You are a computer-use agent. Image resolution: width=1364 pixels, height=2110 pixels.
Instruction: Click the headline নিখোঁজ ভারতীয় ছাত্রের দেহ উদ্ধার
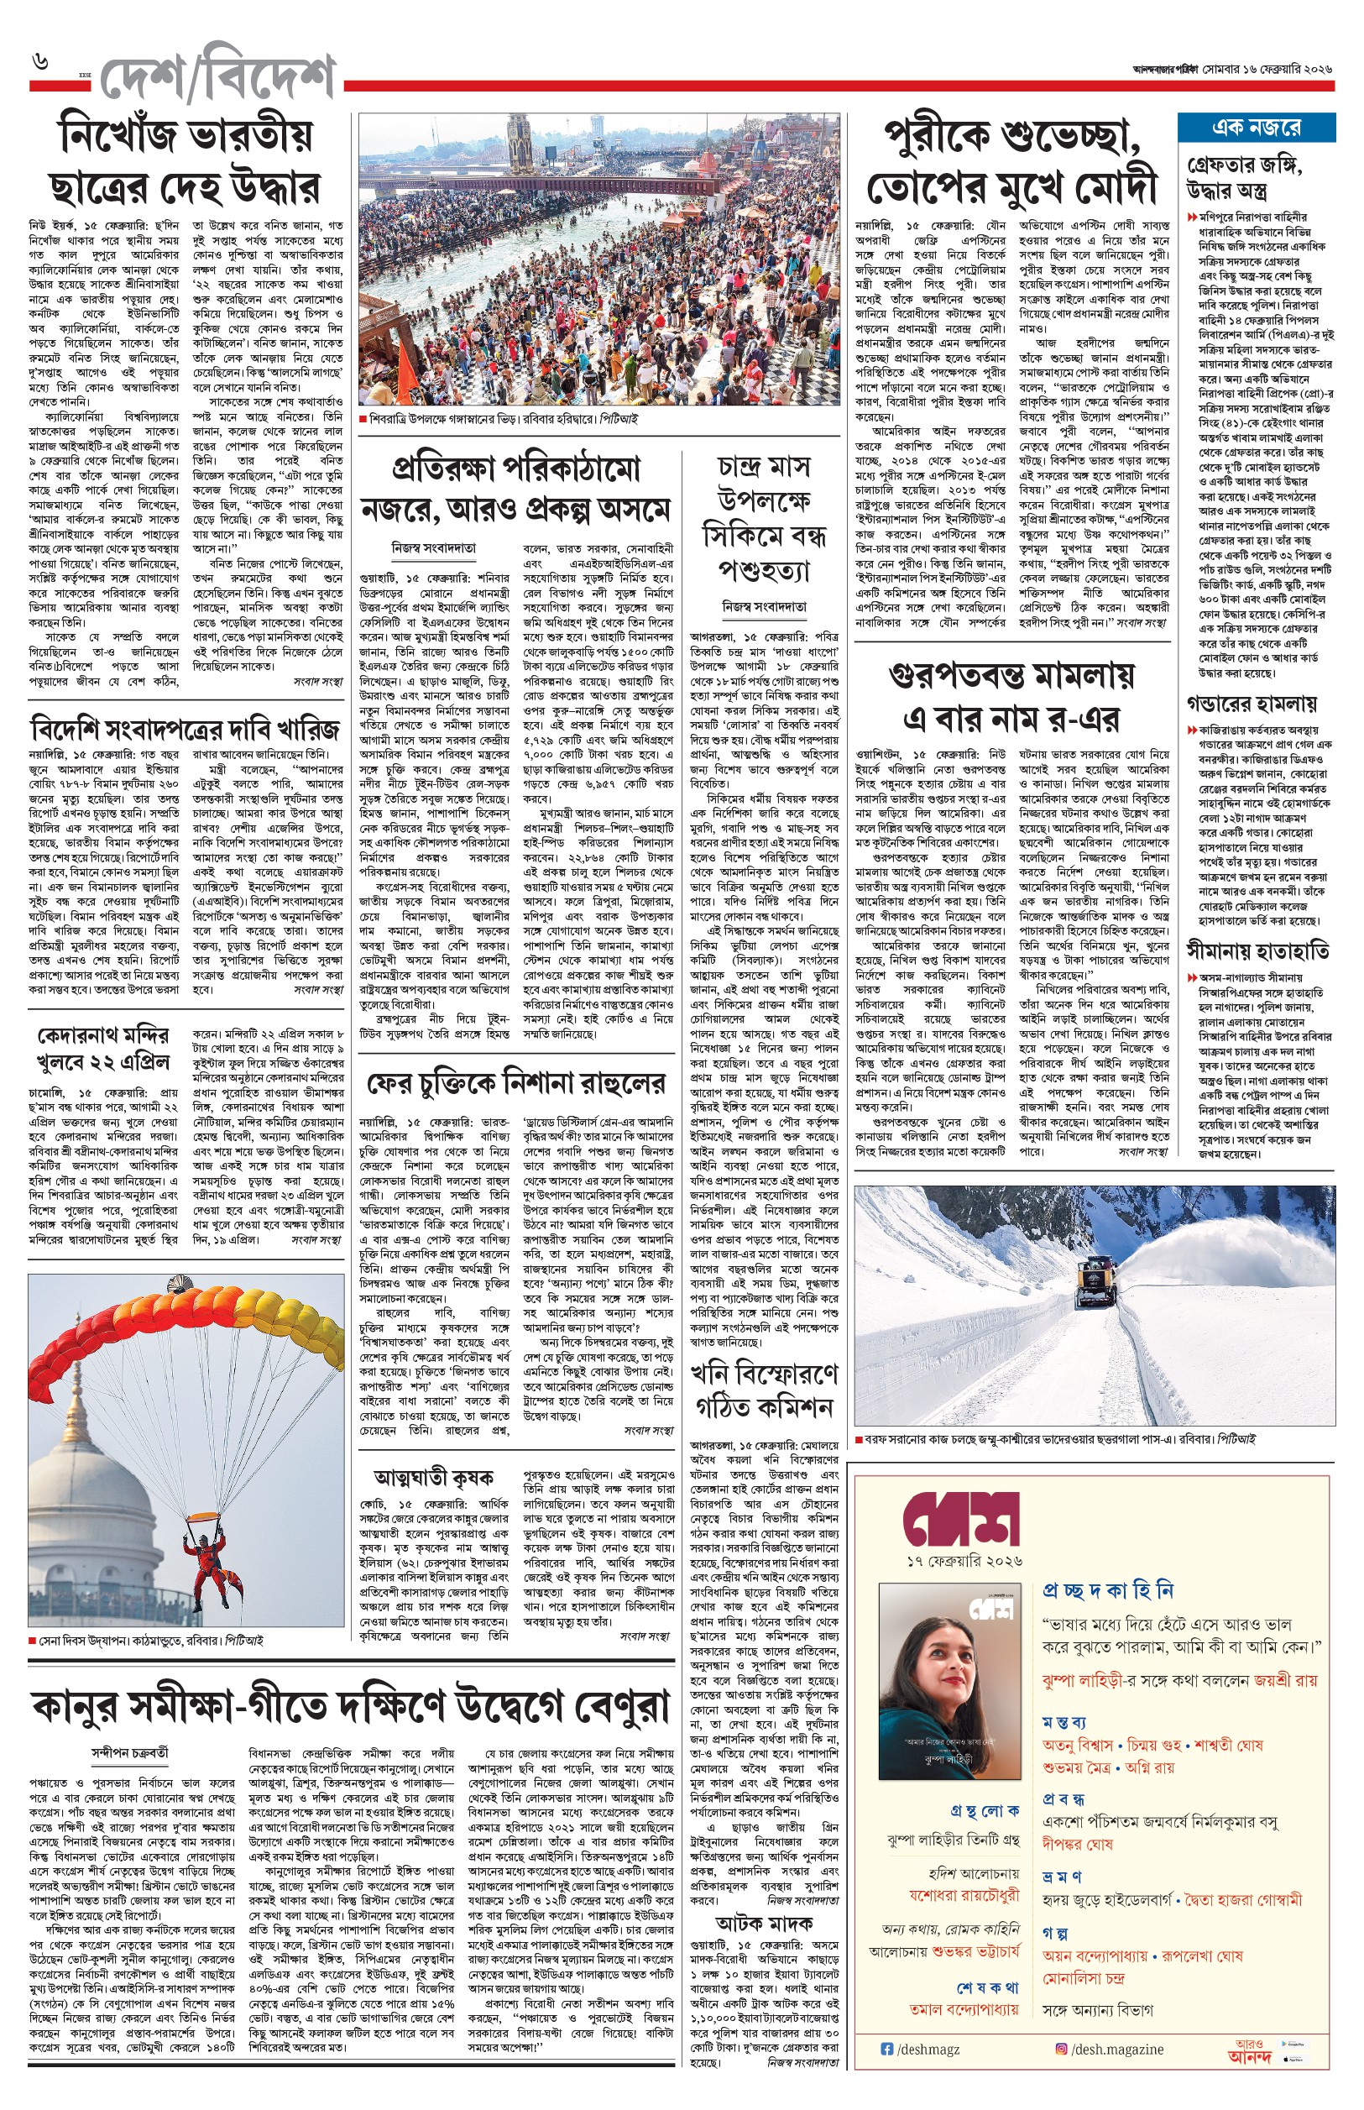click(186, 161)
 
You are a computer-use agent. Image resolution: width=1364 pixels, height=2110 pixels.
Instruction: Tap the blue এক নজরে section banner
click(1256, 128)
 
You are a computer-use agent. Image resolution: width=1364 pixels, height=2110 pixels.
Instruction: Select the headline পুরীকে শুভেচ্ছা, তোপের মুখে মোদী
click(1011, 163)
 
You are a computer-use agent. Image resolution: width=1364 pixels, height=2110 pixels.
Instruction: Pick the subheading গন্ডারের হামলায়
click(1252, 704)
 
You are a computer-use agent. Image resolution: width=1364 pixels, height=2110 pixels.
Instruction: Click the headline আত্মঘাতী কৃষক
click(434, 1477)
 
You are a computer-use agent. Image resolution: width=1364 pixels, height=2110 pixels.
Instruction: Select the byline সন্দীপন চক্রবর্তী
click(130, 1751)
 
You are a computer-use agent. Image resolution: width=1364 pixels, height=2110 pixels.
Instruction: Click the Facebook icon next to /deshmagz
click(887, 2049)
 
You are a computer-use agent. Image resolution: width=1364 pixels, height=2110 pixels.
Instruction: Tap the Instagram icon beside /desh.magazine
click(1061, 2049)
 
